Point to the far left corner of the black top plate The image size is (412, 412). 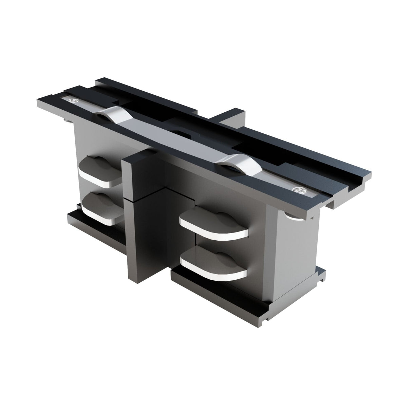point(37,100)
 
